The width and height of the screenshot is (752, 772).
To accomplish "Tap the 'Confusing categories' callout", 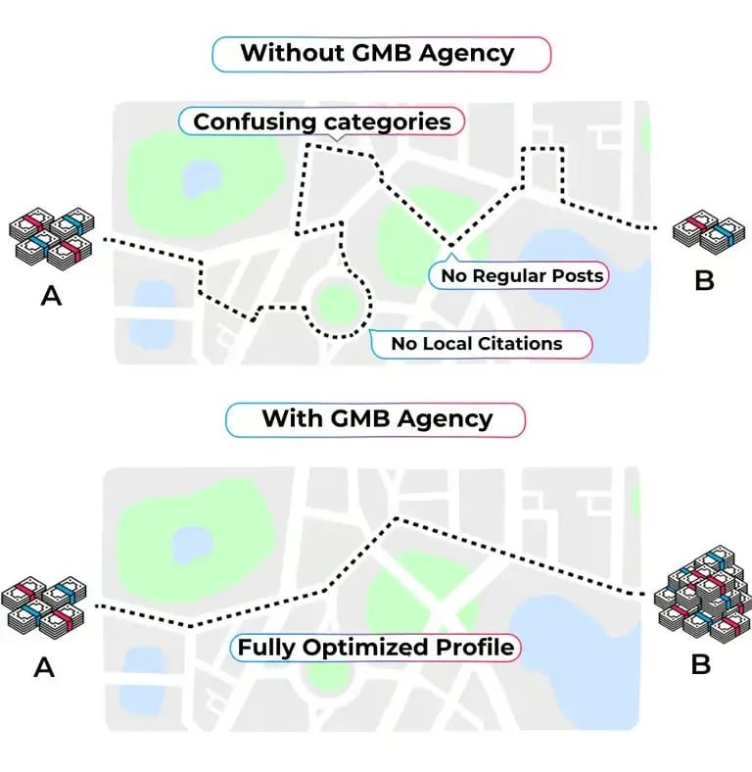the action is [x=321, y=121].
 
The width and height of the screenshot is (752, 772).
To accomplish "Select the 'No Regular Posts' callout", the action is [x=519, y=274].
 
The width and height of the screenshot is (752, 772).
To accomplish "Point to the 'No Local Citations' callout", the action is [x=481, y=344].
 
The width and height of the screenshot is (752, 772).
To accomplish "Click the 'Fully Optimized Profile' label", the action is [x=375, y=647].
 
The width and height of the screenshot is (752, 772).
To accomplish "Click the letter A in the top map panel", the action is [x=51, y=296].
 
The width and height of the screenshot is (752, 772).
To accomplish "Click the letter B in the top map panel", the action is [x=704, y=280].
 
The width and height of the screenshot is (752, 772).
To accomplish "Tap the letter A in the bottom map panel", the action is [x=44, y=667].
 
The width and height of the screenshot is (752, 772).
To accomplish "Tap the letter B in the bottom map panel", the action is [x=701, y=664].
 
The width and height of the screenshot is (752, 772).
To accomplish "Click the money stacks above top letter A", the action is [x=52, y=239].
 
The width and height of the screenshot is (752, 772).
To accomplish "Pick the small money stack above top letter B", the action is [x=709, y=232].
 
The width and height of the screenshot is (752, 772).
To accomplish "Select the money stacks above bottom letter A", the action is [x=44, y=607].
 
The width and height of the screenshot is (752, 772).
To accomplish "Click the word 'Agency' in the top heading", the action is [x=466, y=54].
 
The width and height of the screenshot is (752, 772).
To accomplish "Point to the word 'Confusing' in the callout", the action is [x=255, y=122].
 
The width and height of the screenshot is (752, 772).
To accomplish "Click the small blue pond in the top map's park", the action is [x=202, y=178].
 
